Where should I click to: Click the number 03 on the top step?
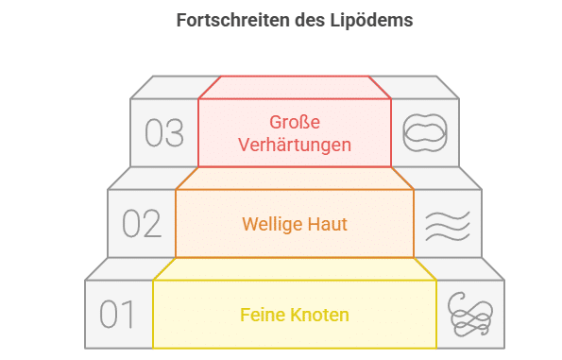click(x=164, y=133)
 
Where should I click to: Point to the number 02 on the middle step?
click(x=142, y=224)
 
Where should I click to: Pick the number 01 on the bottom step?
click(x=118, y=315)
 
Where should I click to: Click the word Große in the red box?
click(x=295, y=122)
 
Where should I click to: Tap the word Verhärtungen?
click(x=295, y=145)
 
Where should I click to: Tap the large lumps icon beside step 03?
click(x=424, y=133)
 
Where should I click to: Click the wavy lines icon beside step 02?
click(x=447, y=225)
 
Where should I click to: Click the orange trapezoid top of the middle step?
click(x=295, y=179)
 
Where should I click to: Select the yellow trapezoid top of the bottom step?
click(x=295, y=269)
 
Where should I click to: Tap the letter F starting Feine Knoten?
click(x=244, y=315)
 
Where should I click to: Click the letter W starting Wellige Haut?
click(x=249, y=224)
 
